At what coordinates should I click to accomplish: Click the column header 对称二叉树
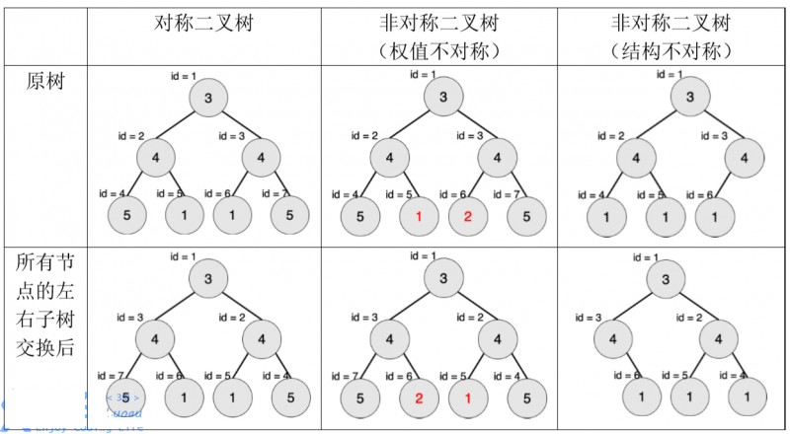coord(203,23)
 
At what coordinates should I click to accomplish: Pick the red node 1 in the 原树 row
coord(419,216)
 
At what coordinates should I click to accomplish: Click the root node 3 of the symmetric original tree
coord(208,97)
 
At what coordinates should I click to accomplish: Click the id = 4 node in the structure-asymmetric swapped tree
coord(747,397)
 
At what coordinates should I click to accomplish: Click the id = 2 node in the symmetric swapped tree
coord(262,338)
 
